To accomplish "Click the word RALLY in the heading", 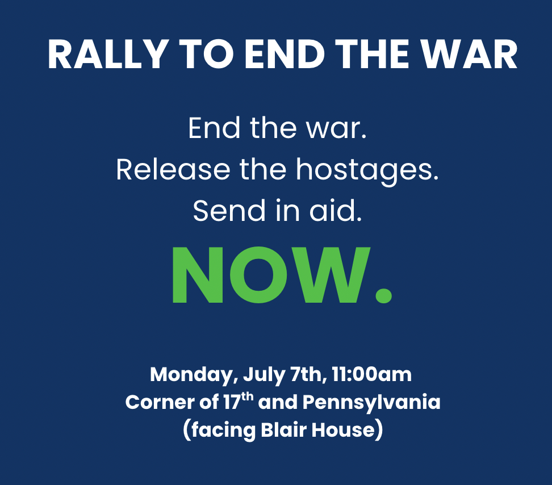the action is click(x=108, y=54).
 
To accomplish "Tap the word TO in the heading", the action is click(x=207, y=54).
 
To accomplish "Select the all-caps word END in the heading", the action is click(x=285, y=54).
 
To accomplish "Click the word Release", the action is click(x=173, y=170).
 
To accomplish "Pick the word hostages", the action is click(x=367, y=171).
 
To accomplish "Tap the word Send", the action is click(x=229, y=211).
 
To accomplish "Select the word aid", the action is click(x=336, y=211).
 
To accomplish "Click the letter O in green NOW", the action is click(x=259, y=275).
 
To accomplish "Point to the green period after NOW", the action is click(x=383, y=296).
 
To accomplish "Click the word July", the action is click(x=264, y=375).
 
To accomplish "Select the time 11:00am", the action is click(x=371, y=374).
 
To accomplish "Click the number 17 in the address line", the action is click(x=232, y=402).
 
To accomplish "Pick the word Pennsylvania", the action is click(x=371, y=403).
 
